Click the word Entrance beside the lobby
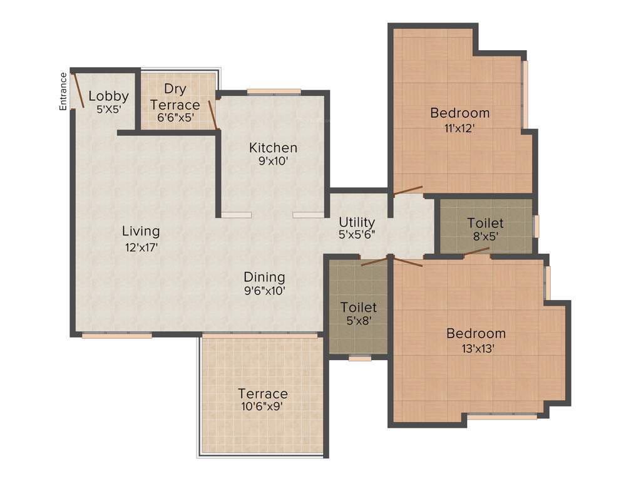coord(63,91)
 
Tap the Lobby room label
coord(108,96)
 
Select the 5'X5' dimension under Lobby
coord(108,108)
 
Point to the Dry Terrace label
coord(175,96)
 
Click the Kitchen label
coord(273,148)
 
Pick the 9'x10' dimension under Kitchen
coord(273,160)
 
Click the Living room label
coord(141,231)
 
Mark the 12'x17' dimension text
coord(141,247)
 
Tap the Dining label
coord(264,277)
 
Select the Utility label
coord(357,222)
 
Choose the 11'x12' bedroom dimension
coord(460,128)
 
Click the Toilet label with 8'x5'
coord(485,223)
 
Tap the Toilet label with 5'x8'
coord(359,307)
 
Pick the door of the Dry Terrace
coord(213,114)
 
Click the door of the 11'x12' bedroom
coord(407,190)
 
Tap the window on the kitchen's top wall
coord(274,91)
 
